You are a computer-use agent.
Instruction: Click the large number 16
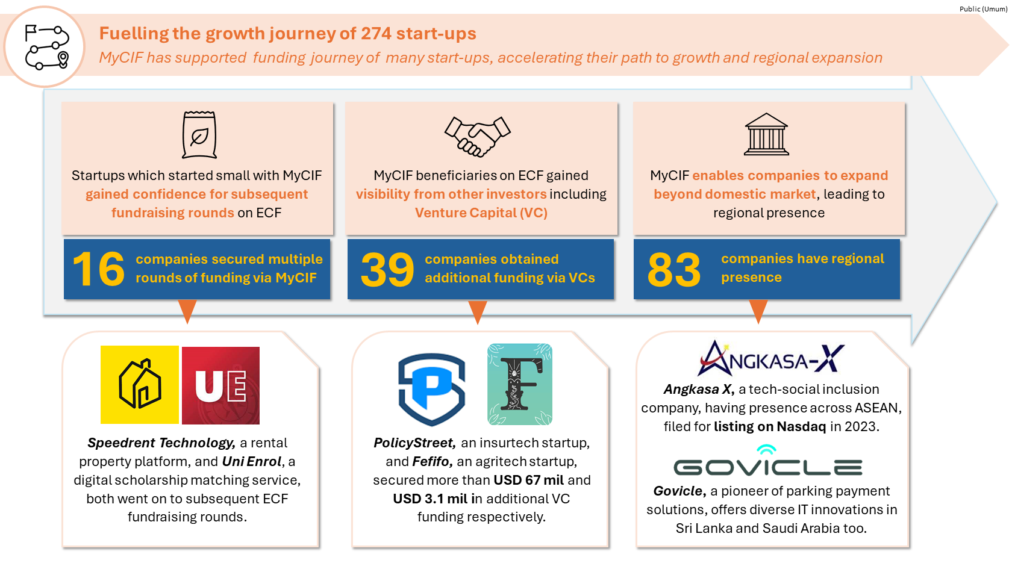(x=98, y=269)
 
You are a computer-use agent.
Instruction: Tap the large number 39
(x=387, y=270)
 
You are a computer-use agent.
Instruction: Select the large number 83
(x=674, y=270)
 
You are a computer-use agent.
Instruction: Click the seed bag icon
(x=199, y=134)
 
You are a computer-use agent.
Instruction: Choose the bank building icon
(x=766, y=134)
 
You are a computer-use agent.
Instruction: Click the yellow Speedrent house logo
(x=140, y=385)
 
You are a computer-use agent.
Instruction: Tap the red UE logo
(x=220, y=385)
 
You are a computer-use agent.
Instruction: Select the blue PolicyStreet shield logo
(x=431, y=388)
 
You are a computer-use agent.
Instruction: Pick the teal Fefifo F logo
(x=520, y=385)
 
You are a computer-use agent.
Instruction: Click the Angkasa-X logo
(x=771, y=358)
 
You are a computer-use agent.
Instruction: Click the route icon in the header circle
(x=46, y=47)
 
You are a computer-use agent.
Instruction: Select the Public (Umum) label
(x=983, y=9)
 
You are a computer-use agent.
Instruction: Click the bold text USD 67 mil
(x=529, y=480)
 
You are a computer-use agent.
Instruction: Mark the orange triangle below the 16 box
(x=187, y=311)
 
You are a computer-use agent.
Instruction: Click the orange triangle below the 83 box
(x=758, y=311)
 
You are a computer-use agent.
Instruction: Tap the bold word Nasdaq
(x=801, y=426)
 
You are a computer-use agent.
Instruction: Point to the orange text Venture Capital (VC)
(x=481, y=213)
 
